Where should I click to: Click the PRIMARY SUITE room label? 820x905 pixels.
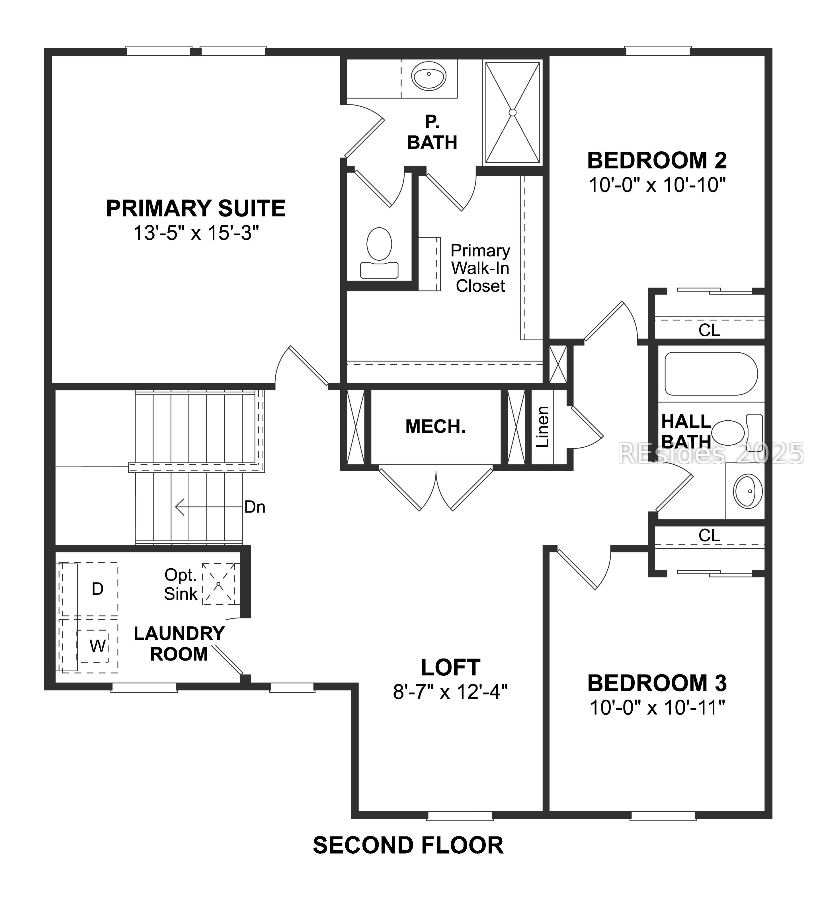196,208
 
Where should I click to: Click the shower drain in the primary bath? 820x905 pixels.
512,112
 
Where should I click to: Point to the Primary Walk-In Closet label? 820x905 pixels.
480,268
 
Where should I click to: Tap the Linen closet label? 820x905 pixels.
542,427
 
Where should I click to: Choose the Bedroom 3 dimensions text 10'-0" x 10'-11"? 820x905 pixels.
657,708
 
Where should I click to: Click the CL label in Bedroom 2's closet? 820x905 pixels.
709,330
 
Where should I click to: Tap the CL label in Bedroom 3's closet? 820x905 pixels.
709,535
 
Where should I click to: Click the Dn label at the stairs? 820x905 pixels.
255,507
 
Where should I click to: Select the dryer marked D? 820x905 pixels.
97,589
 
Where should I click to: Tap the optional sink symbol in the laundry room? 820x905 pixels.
218,584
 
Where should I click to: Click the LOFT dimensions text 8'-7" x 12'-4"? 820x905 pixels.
450,692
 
